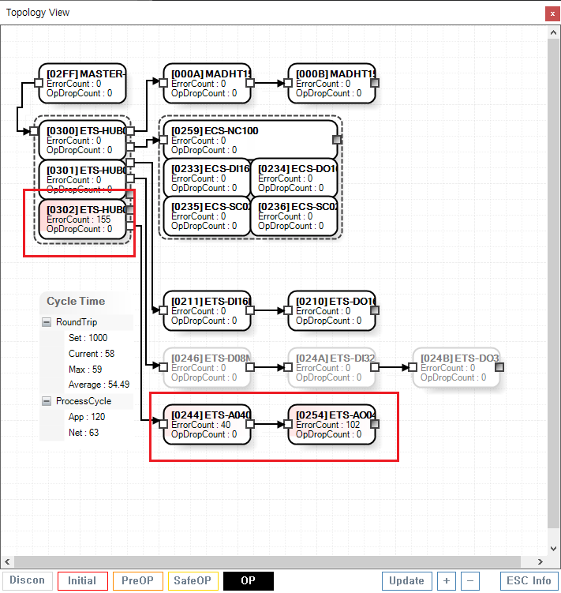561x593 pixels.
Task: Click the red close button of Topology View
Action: coord(551,13)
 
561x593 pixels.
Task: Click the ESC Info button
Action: coord(530,581)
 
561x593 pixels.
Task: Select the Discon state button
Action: coord(27,581)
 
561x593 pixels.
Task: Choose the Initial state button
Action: coord(82,581)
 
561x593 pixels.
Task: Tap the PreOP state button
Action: coord(137,581)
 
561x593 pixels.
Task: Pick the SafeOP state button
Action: coord(193,581)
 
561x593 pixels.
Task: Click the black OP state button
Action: coord(248,581)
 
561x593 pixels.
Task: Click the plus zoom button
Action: coord(446,581)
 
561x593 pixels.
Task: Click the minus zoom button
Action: coord(469,581)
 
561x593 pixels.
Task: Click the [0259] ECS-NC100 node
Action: coord(249,140)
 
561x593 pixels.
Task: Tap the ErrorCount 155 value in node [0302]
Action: coord(79,220)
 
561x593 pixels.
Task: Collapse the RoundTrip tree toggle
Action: coord(47,322)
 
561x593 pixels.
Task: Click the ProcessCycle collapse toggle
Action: coord(47,401)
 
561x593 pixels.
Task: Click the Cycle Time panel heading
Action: coord(76,301)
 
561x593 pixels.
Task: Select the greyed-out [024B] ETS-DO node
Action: coord(456,367)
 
